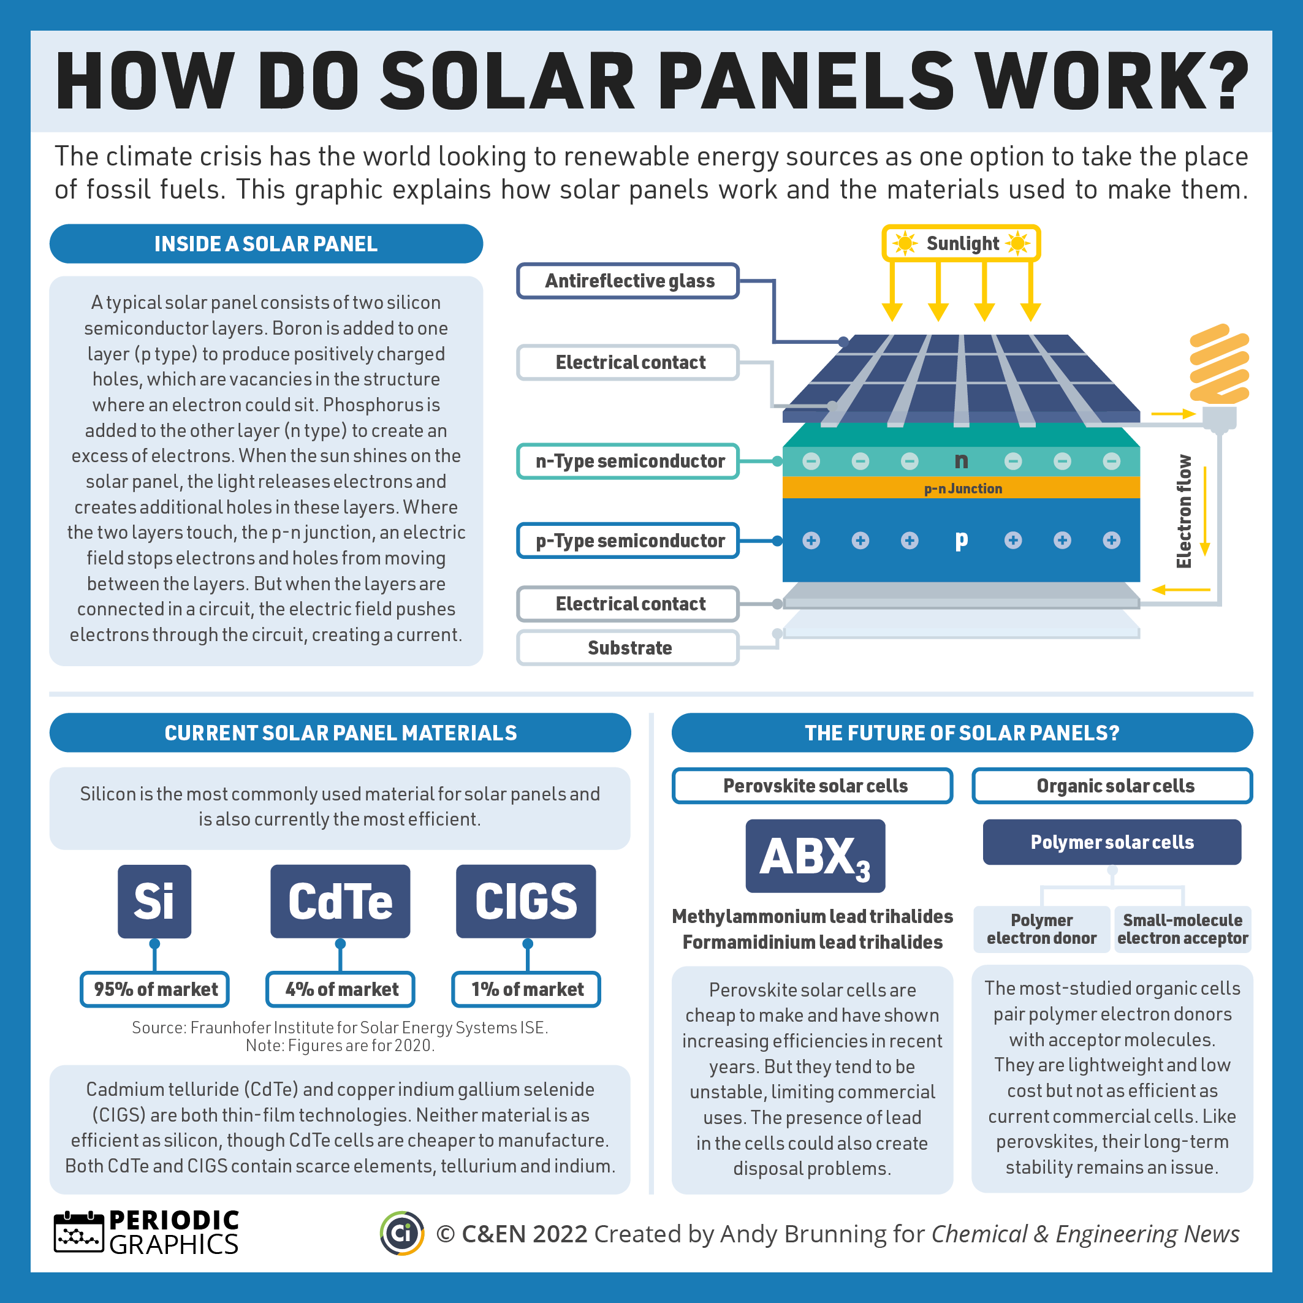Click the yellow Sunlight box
click(x=961, y=243)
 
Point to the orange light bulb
click(x=1218, y=367)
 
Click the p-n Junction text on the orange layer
click(x=962, y=488)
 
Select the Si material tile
click(x=154, y=901)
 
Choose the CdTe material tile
click(x=340, y=901)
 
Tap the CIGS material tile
click(x=526, y=901)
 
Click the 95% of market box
click(x=154, y=989)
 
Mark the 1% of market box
click(x=526, y=989)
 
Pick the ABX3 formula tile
click(x=815, y=856)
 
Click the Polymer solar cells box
click(x=1111, y=842)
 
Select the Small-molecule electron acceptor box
click(x=1182, y=929)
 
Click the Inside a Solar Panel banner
click(x=267, y=243)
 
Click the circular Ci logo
click(x=402, y=1234)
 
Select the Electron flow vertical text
click(x=1183, y=511)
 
